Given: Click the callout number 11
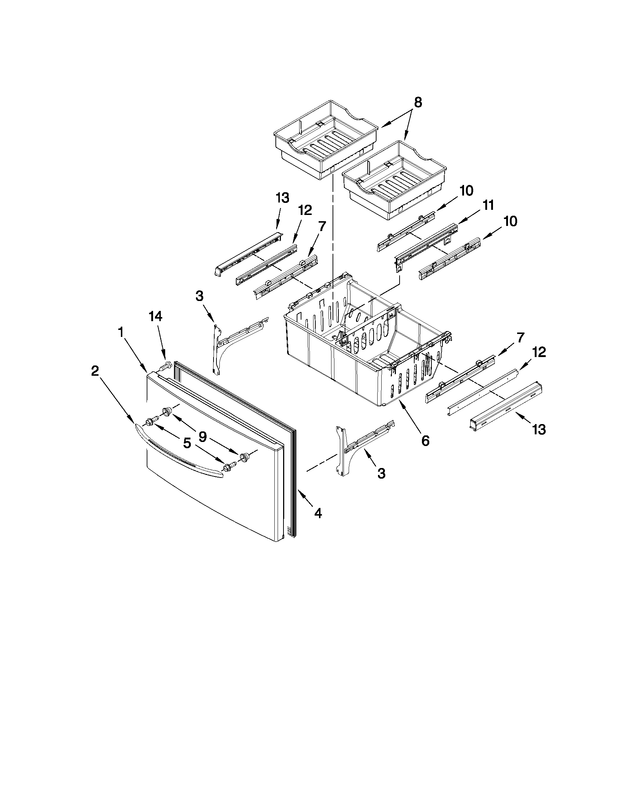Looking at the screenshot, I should coord(488,205).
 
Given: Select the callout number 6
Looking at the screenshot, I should coord(425,441).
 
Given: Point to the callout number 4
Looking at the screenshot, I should coord(318,513).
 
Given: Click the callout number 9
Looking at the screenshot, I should coord(202,437).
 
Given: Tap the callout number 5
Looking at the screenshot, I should coord(187,443).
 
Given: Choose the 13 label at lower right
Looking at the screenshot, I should coord(539,430).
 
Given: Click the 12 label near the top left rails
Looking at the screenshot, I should coord(305,210).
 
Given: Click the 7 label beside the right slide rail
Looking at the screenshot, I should coord(520,337).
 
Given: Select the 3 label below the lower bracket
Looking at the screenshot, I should coord(381,473).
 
